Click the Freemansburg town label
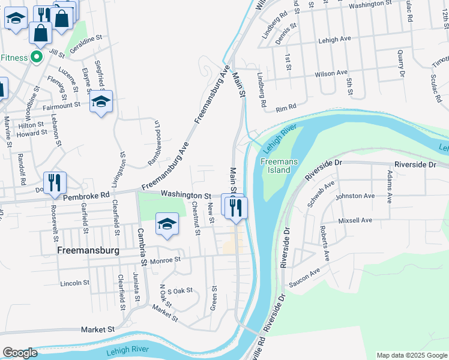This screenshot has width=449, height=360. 87,250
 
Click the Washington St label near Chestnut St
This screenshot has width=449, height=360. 186,195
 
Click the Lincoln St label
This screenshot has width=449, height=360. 74,283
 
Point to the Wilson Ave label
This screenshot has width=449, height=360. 331,73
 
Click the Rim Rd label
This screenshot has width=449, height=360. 286,108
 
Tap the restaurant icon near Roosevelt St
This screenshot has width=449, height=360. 55,182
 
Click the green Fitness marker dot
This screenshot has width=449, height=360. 36,58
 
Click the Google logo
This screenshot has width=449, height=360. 20,353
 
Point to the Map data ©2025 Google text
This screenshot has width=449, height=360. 412,355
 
